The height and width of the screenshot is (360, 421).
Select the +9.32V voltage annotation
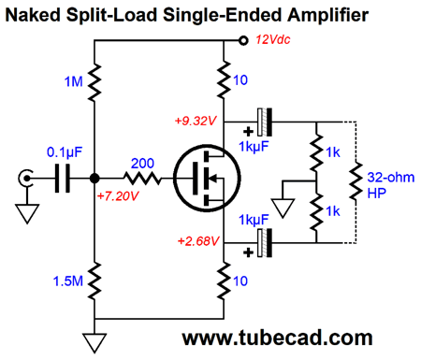point(196,122)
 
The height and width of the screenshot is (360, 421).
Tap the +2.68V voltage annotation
point(196,240)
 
